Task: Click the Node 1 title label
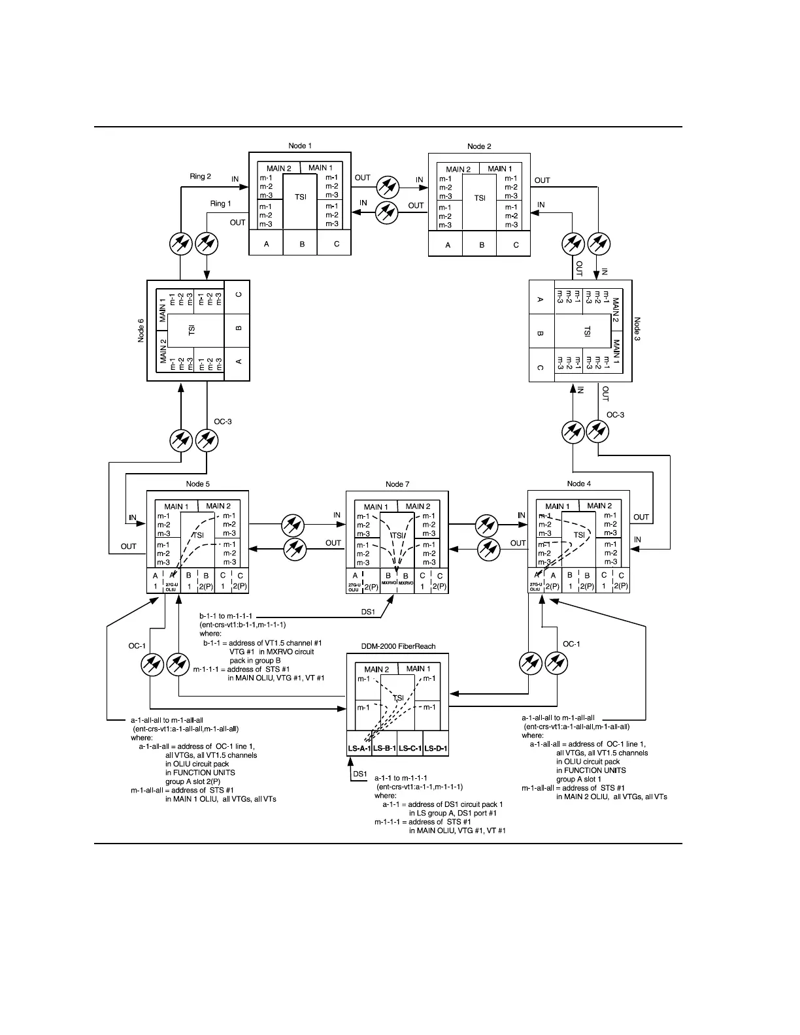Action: coord(300,145)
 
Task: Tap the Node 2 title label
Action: coord(479,146)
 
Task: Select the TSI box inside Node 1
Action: coord(301,197)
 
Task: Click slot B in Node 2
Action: coord(482,245)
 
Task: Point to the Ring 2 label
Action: coord(200,176)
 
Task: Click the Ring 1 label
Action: coord(220,204)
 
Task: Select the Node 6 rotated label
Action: coord(141,330)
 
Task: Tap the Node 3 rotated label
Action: coord(637,331)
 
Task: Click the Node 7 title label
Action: coord(397,484)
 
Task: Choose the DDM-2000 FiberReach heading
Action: coord(398,646)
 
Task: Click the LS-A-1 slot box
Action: coord(359,749)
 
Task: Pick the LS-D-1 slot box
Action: coord(435,749)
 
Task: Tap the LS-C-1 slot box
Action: coord(410,749)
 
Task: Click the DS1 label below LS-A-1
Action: coord(360,774)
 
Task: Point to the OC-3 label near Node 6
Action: coord(223,421)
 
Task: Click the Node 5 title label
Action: coord(197,484)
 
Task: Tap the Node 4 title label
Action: coord(579,484)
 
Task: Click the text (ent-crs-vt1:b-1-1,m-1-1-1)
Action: coord(242,625)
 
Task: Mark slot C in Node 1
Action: coord(337,244)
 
